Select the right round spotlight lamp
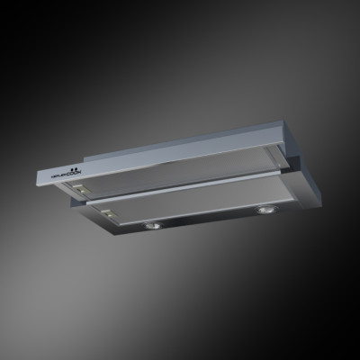(x=267, y=210)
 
